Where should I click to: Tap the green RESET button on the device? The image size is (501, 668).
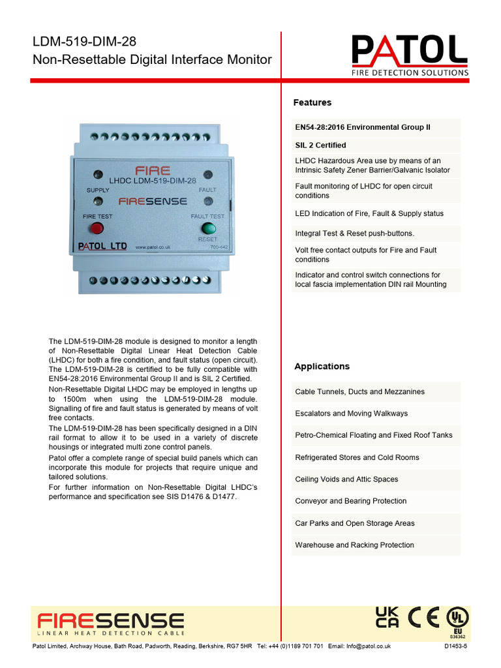pyautogui.click(x=209, y=228)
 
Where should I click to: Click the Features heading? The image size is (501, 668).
pyautogui.click(x=312, y=102)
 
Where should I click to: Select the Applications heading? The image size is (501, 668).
pyautogui.click(x=322, y=367)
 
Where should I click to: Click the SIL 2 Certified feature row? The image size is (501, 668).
pyautogui.click(x=320, y=145)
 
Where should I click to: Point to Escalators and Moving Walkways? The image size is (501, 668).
pyautogui.click(x=351, y=414)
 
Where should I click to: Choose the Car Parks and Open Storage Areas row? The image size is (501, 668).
pyautogui.click(x=354, y=523)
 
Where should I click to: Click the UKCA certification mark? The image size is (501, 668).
pyautogui.click(x=387, y=617)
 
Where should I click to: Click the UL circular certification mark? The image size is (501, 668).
pyautogui.click(x=457, y=617)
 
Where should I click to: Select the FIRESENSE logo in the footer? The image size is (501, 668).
pyautogui.click(x=110, y=622)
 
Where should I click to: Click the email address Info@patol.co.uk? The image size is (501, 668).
pyautogui.click(x=359, y=646)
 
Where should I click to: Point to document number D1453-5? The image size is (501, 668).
pyautogui.click(x=455, y=646)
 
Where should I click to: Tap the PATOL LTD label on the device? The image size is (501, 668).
pyautogui.click(x=102, y=247)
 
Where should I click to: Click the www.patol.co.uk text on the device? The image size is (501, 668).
pyautogui.click(x=153, y=247)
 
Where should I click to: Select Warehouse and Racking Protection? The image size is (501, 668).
pyautogui.click(x=354, y=545)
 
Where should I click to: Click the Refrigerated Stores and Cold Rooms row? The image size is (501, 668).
pyautogui.click(x=357, y=457)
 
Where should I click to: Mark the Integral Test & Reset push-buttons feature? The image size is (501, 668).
pyautogui.click(x=354, y=233)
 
